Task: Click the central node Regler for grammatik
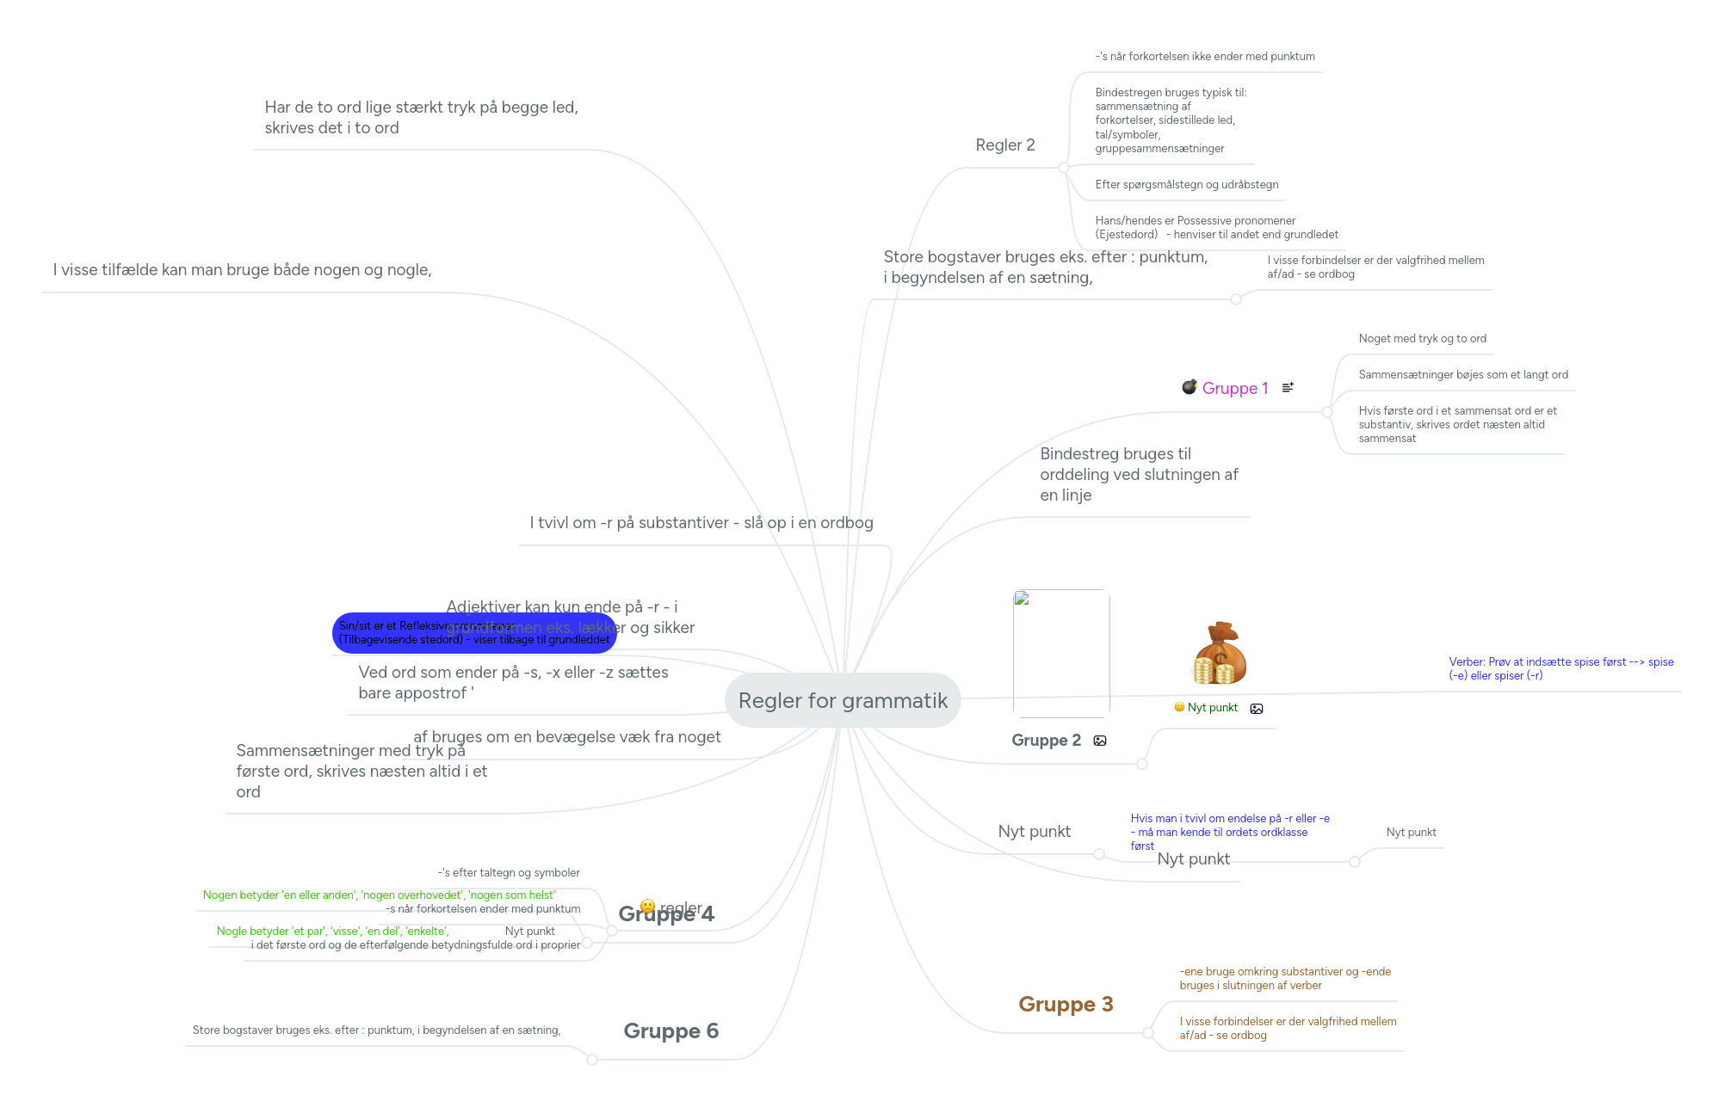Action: [843, 700]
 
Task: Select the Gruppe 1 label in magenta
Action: [1235, 388]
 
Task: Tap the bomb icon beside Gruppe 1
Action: [1189, 387]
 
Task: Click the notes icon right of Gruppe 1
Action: [1288, 388]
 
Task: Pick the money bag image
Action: [1220, 654]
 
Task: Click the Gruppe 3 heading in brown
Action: [1066, 1004]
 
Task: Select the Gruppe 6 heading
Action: [670, 1030]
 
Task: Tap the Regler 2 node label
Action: [1005, 145]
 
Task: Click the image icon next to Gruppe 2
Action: [1100, 741]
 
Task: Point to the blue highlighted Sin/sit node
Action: [474, 633]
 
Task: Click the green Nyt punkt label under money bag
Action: [1212, 708]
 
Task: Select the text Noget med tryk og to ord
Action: [1422, 339]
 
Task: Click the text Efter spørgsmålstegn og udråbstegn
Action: [1186, 185]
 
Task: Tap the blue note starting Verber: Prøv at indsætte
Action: [1560, 668]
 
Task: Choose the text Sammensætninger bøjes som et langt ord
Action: [1462, 375]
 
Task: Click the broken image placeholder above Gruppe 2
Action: [1061, 654]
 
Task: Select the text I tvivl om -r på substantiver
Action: [701, 523]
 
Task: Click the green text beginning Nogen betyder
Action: [379, 895]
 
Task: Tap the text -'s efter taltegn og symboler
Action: [509, 873]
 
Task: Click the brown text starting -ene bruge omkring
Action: [1284, 979]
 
